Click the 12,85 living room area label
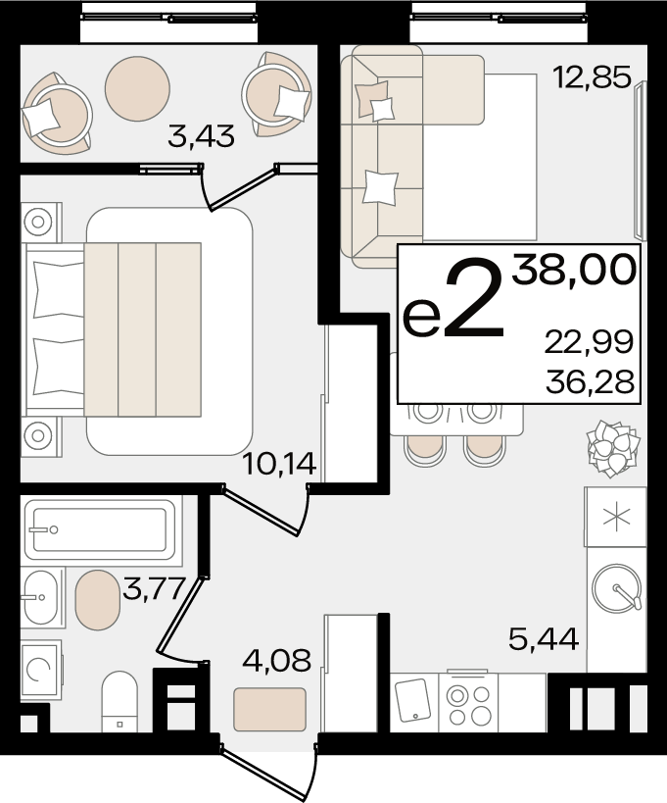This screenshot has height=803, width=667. point(593,77)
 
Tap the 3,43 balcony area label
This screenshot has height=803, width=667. point(201,136)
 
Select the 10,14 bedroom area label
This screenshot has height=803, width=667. point(279,464)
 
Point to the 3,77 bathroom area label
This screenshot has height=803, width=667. point(154,588)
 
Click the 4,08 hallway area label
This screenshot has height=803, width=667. point(277,660)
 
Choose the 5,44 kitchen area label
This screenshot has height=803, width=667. point(544,638)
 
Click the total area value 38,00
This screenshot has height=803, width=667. point(574,270)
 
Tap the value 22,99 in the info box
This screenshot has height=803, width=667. point(589,341)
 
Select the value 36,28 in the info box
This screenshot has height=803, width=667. point(590,381)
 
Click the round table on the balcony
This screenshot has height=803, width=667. point(137,88)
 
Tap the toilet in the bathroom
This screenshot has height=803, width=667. point(119,701)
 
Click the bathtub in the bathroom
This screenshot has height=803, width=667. point(100,530)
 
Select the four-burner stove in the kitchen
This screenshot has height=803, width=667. point(468,703)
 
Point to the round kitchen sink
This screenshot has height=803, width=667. point(616,589)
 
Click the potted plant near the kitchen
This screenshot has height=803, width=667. point(613,448)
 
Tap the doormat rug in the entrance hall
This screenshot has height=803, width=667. point(270,709)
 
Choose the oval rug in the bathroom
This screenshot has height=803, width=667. point(97,600)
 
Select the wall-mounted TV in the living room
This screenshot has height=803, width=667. point(640,160)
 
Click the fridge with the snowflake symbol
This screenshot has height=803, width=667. point(616,517)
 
